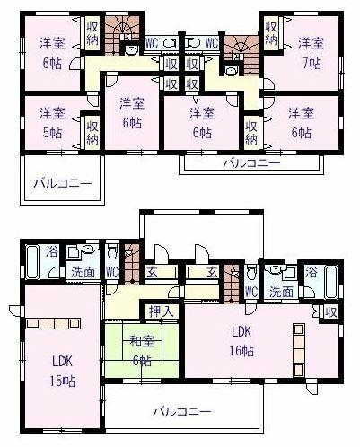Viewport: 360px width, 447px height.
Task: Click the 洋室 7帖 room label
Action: pyautogui.click(x=312, y=53)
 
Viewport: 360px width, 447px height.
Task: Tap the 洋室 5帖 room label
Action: pyautogui.click(x=53, y=123)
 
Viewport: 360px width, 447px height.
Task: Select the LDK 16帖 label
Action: pyautogui.click(x=241, y=341)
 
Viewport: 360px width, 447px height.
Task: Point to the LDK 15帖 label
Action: pyautogui.click(x=63, y=371)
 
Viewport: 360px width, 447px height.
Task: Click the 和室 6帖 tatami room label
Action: pyautogui.click(x=142, y=351)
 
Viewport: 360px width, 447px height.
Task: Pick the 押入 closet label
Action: pyautogui.click(x=162, y=311)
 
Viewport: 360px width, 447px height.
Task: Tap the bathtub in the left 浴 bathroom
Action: pyautogui.click(x=33, y=262)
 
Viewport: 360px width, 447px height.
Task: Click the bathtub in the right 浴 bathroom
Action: pyautogui.click(x=331, y=282)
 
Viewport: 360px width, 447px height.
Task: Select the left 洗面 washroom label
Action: pyautogui.click(x=83, y=272)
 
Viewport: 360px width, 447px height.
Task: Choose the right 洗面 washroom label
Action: pyautogui.click(x=281, y=292)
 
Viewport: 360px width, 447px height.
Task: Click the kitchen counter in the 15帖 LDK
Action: pyautogui.click(x=53, y=323)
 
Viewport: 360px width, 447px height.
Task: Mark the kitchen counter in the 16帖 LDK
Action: pyautogui.click(x=298, y=350)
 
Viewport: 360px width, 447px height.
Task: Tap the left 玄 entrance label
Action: pyautogui.click(x=152, y=272)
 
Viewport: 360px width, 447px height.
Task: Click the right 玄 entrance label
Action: pyautogui.click(x=213, y=272)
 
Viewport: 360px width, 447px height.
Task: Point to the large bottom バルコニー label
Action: pyautogui.click(x=182, y=412)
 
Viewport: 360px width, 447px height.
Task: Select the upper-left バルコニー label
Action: pyautogui.click(x=63, y=183)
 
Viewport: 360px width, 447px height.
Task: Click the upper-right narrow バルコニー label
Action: pyautogui.click(x=252, y=163)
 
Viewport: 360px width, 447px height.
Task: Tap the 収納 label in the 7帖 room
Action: pyautogui.click(x=271, y=33)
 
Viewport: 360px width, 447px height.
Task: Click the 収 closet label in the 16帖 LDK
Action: pyautogui.click(x=331, y=312)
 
